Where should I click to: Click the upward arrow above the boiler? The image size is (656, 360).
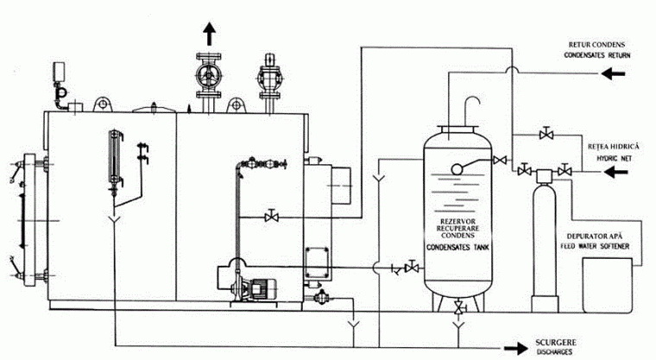[209, 34]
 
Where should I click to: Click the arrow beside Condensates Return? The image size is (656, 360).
[614, 73]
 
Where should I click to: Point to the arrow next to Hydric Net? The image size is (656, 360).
[615, 172]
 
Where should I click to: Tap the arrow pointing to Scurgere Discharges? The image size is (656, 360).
[516, 348]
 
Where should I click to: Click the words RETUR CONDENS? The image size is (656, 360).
[596, 45]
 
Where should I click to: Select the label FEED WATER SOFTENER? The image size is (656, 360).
[595, 246]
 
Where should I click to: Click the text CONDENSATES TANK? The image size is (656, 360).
[457, 248]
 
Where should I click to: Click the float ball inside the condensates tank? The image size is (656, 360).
[457, 168]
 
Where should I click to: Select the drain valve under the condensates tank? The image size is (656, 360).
[459, 307]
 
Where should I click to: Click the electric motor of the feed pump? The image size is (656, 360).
[262, 288]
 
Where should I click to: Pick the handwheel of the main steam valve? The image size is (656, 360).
[208, 75]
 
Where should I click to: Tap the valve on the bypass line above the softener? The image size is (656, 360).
[546, 134]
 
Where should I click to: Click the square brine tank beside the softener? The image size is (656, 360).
[608, 285]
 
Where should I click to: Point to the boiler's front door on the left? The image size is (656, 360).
[29, 220]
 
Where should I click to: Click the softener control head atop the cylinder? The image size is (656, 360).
[545, 175]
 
